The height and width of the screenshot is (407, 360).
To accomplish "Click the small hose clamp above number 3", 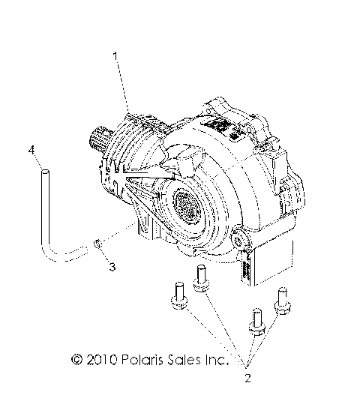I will pyautogui.click(x=97, y=243).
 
